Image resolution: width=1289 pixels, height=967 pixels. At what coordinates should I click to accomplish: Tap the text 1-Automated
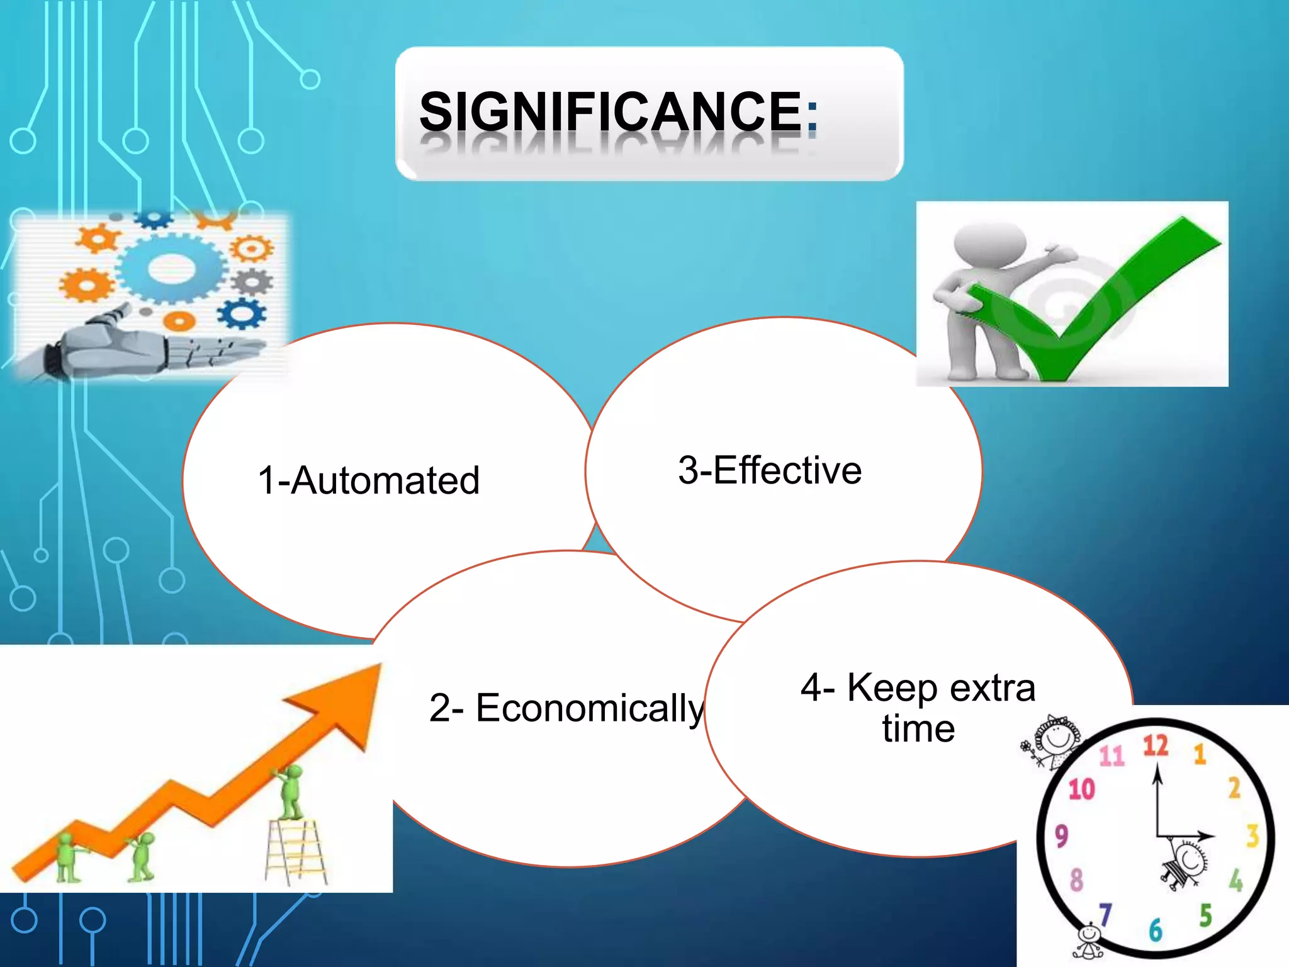coord(369,481)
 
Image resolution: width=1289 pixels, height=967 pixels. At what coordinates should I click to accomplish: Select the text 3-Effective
coord(770,470)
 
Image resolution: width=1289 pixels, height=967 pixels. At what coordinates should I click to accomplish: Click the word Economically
coord(589,708)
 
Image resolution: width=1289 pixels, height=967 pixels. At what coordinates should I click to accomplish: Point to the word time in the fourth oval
coord(918,729)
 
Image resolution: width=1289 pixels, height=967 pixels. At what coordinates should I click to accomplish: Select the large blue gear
coord(171,268)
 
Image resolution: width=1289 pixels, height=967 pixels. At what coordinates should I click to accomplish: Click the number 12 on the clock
coord(1156,746)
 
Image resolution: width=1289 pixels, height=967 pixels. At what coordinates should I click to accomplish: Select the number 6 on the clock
coord(1156,929)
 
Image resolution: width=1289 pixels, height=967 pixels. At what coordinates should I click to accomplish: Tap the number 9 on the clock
coord(1062,836)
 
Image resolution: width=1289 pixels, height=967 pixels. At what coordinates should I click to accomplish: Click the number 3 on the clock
coord(1252,836)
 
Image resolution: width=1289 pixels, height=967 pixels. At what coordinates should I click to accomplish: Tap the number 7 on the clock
coord(1106,914)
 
